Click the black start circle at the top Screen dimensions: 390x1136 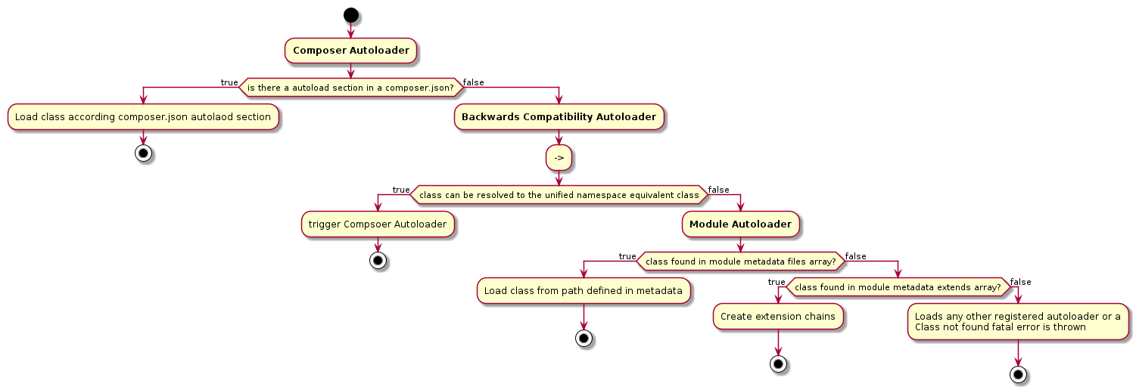pyautogui.click(x=350, y=14)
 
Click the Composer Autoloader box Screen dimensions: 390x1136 pyautogui.click(x=350, y=51)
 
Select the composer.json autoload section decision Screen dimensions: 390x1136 pyautogui.click(x=350, y=88)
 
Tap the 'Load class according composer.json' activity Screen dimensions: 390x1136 pyautogui.click(x=143, y=117)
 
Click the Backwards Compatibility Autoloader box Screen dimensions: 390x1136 pyautogui.click(x=559, y=117)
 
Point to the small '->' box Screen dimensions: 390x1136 pyautogui.click(x=559, y=157)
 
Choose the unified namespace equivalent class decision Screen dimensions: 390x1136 pyautogui.click(x=559, y=195)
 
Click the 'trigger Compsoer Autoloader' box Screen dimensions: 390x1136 pyautogui.click(x=378, y=224)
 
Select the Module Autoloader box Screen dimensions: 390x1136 pyautogui.click(x=740, y=224)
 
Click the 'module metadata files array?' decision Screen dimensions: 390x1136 pyautogui.click(x=740, y=262)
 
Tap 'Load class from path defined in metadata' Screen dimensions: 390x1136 pyautogui.click(x=584, y=291)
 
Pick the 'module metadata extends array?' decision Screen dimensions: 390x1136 pyautogui.click(x=898, y=287)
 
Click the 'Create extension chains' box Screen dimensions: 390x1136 pyautogui.click(x=778, y=317)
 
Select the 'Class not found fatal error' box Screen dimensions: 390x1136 pyautogui.click(x=1018, y=322)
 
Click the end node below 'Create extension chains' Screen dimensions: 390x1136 pyautogui.click(x=778, y=364)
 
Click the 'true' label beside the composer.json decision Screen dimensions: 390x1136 pyautogui.click(x=229, y=82)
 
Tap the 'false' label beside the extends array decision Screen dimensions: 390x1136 pyautogui.click(x=1020, y=282)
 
